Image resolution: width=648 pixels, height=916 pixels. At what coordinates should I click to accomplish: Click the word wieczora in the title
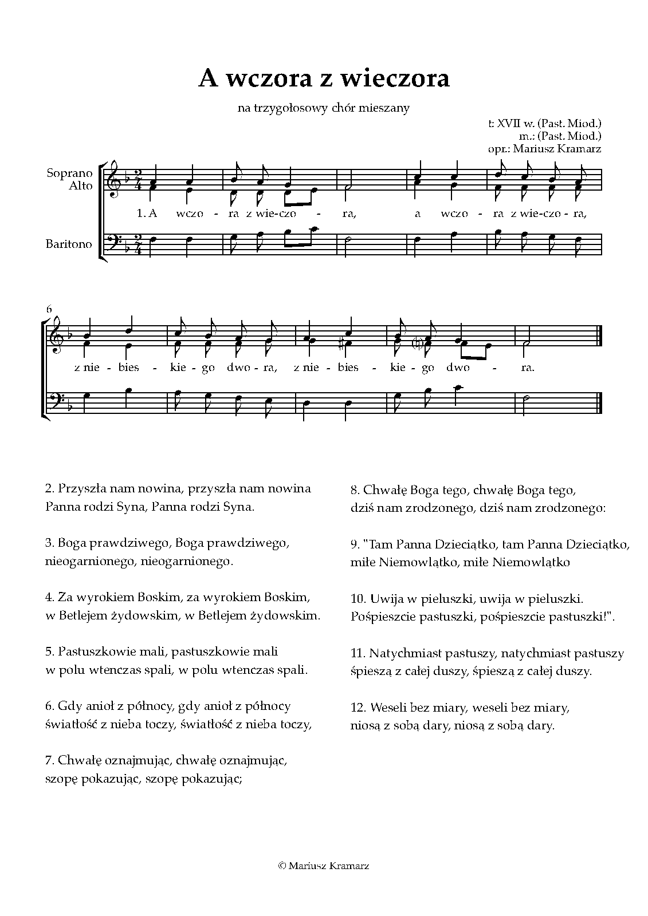click(392, 79)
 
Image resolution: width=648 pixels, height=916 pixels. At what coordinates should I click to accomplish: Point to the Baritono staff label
click(69, 244)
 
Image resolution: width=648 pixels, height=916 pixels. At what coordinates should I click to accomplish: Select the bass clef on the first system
click(116, 243)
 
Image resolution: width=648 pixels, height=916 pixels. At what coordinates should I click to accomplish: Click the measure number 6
click(49, 309)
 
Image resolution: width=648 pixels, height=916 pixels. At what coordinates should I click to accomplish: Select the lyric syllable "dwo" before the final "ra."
click(456, 368)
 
